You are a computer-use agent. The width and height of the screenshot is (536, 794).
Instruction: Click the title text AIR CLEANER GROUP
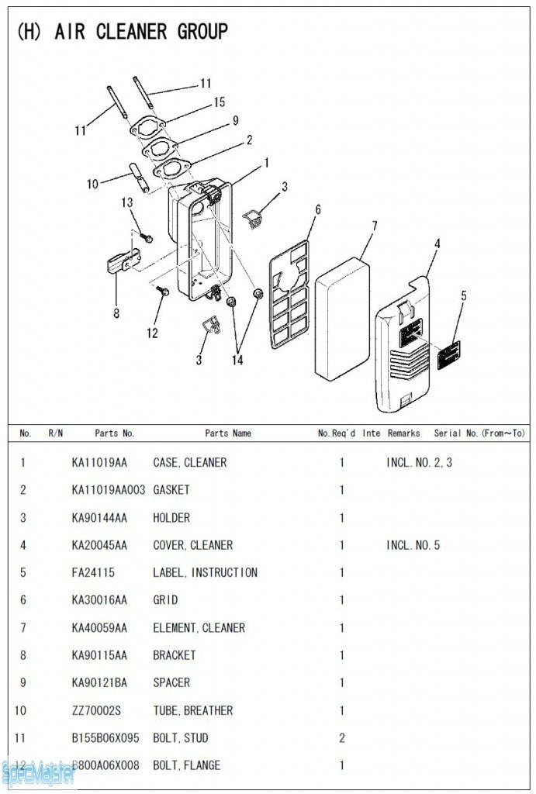pyautogui.click(x=140, y=32)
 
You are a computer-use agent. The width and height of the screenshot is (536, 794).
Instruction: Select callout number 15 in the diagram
pyautogui.click(x=219, y=102)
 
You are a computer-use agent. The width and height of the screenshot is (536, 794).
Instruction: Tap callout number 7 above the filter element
pyautogui.click(x=374, y=226)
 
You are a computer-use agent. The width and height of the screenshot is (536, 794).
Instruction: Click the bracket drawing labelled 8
pyautogui.click(x=122, y=263)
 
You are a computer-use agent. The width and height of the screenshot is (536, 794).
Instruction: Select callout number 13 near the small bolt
pyautogui.click(x=127, y=203)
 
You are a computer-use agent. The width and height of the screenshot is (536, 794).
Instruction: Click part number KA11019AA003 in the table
pyautogui.click(x=108, y=490)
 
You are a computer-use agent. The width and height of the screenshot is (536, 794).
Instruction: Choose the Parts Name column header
pyautogui.click(x=227, y=433)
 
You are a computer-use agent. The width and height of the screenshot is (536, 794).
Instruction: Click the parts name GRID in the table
pyautogui.click(x=165, y=600)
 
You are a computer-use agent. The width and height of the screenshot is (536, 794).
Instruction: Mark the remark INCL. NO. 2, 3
pyautogui.click(x=413, y=463)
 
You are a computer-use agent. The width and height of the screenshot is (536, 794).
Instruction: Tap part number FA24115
pyautogui.click(x=93, y=573)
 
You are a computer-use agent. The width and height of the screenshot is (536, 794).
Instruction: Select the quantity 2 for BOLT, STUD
pyautogui.click(x=341, y=738)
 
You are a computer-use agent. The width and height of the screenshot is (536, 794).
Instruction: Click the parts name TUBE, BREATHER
pyautogui.click(x=192, y=710)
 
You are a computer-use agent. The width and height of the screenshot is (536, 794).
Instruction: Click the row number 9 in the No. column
pyautogui.click(x=23, y=683)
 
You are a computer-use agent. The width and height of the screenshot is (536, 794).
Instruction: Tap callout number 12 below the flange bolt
pyautogui.click(x=152, y=333)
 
